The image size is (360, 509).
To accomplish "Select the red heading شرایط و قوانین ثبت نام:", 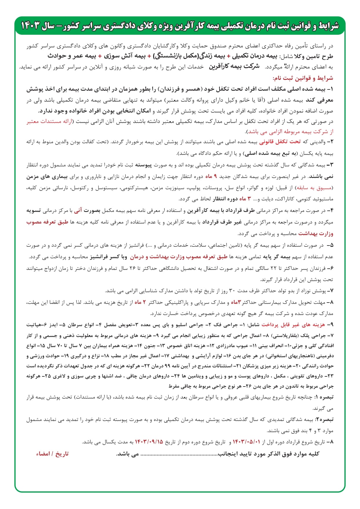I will point(303,78).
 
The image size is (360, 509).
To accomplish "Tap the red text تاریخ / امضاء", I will point(52,453).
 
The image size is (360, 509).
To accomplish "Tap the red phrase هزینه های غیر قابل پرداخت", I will point(293,325).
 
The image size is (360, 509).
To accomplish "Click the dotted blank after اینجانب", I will point(179,454).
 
